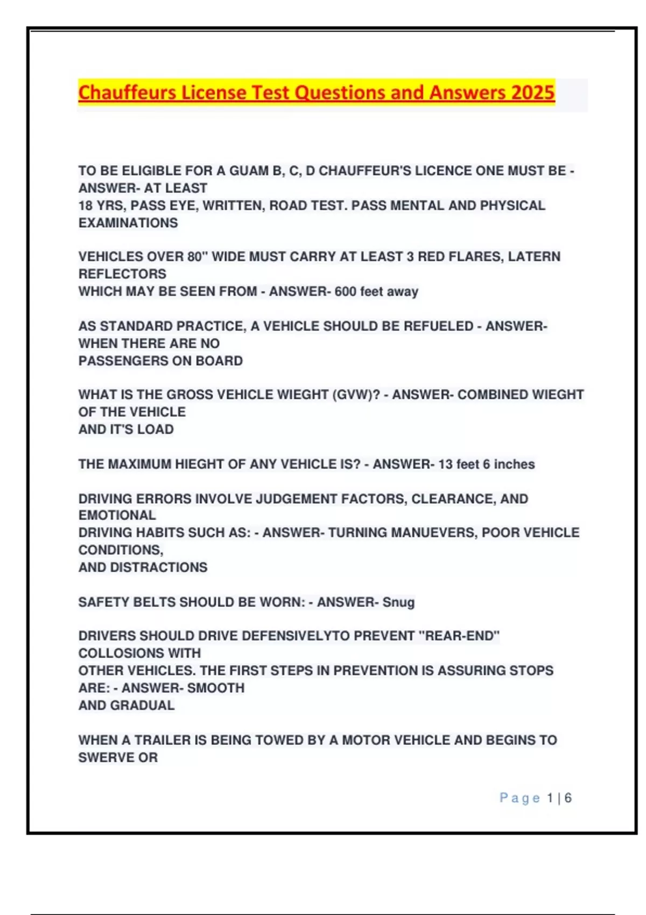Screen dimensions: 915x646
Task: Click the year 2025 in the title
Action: [532, 93]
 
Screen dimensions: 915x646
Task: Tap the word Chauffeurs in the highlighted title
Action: [127, 93]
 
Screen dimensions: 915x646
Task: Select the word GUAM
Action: [249, 171]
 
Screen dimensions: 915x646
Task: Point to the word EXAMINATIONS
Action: [128, 223]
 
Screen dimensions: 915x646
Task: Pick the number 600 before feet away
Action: [346, 292]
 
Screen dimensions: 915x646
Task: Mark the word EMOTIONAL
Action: [117, 515]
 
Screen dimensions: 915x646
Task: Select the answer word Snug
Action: [398, 602]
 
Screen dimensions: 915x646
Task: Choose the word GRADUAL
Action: [142, 705]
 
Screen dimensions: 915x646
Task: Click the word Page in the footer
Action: [519, 798]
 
